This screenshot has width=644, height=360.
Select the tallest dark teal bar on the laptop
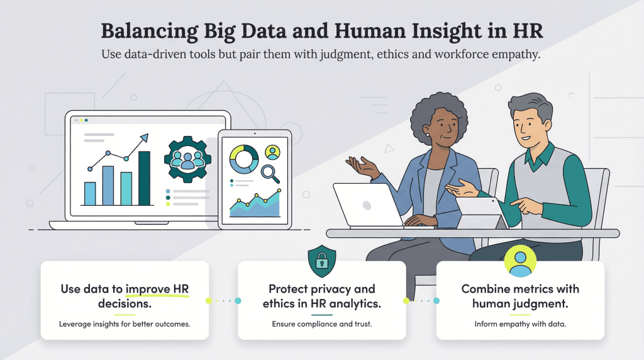(144, 178)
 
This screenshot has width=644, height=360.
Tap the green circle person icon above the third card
(520, 261)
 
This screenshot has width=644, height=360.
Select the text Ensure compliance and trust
(321, 325)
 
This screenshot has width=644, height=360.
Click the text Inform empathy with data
(520, 325)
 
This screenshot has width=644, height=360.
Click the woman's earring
(428, 134)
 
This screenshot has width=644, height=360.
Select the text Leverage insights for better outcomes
(125, 325)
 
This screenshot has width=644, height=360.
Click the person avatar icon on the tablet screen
(272, 152)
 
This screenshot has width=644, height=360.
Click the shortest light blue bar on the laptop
(90, 193)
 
